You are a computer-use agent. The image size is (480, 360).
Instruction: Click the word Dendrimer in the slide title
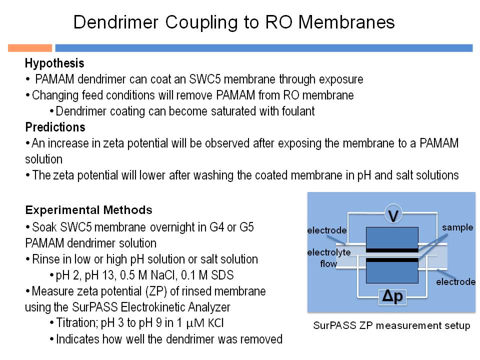[116, 22]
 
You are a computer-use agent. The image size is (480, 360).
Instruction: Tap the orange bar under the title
[30, 48]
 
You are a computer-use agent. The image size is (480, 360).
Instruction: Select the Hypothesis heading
[54, 63]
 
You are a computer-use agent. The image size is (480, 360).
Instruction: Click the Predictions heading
[55, 127]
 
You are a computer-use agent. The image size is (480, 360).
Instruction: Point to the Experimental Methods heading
[89, 210]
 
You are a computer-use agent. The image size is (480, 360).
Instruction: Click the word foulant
[298, 111]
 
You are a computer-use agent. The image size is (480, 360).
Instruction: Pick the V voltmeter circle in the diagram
[393, 215]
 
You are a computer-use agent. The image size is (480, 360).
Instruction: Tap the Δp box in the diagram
[392, 296]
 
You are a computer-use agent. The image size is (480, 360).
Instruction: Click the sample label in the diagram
[457, 227]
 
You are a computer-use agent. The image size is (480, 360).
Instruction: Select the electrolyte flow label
[329, 258]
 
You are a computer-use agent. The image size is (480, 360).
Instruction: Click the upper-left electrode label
[327, 230]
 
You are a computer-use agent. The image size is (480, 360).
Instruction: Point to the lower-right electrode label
[456, 281]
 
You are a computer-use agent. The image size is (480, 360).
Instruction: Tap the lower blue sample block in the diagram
[392, 272]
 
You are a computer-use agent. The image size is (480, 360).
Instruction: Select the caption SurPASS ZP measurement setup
[391, 325]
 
